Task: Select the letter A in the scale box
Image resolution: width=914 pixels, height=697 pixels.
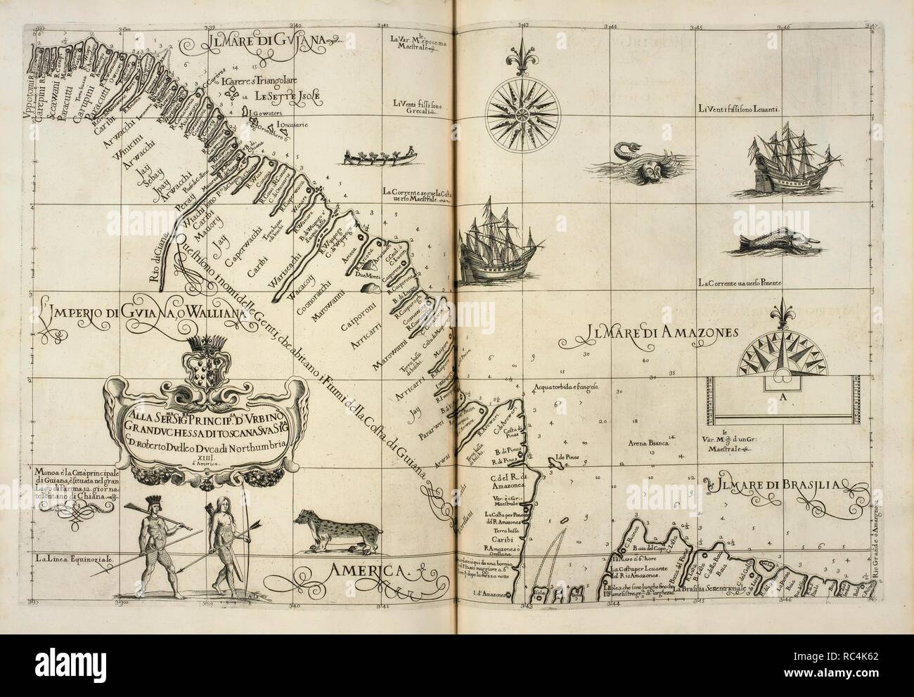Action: [783, 397]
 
